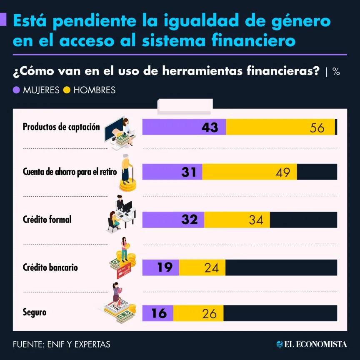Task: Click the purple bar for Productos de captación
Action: click(x=184, y=127)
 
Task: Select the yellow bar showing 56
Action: click(x=280, y=127)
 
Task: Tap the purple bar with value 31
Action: click(x=172, y=172)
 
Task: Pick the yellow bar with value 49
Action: click(x=250, y=172)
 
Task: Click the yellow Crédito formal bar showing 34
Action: click(x=237, y=220)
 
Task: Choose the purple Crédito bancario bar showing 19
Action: click(x=161, y=267)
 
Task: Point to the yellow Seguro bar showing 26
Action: click(x=198, y=313)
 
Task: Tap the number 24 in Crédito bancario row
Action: click(x=212, y=267)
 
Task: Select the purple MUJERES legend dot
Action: click(x=17, y=90)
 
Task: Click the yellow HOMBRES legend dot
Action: click(x=67, y=90)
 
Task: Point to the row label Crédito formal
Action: click(x=47, y=219)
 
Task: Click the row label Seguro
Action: click(x=35, y=312)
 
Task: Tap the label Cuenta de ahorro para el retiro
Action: click(x=70, y=172)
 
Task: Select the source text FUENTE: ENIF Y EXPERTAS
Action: click(x=62, y=344)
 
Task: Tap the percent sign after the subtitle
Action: click(x=336, y=72)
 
